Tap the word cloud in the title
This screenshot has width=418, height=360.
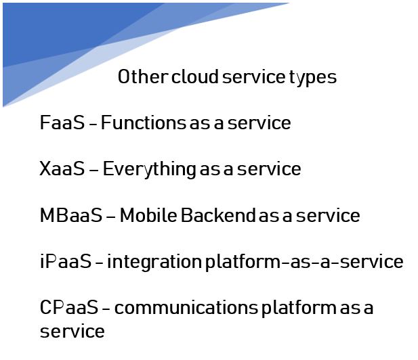(195, 76)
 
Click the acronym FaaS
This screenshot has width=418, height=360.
(62, 122)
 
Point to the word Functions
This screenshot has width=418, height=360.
(144, 122)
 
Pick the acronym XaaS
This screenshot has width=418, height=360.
(62, 168)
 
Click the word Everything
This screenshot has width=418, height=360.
(150, 170)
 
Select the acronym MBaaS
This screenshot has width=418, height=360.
(71, 215)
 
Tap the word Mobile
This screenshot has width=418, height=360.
(148, 215)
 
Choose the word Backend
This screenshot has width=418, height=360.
(219, 215)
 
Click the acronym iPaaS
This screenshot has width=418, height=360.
(66, 261)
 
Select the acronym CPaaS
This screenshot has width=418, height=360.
(69, 307)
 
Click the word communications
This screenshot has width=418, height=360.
(186, 307)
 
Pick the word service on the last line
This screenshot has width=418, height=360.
(72, 332)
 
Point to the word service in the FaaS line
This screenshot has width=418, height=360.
(259, 122)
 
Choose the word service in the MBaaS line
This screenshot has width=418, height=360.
(328, 215)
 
